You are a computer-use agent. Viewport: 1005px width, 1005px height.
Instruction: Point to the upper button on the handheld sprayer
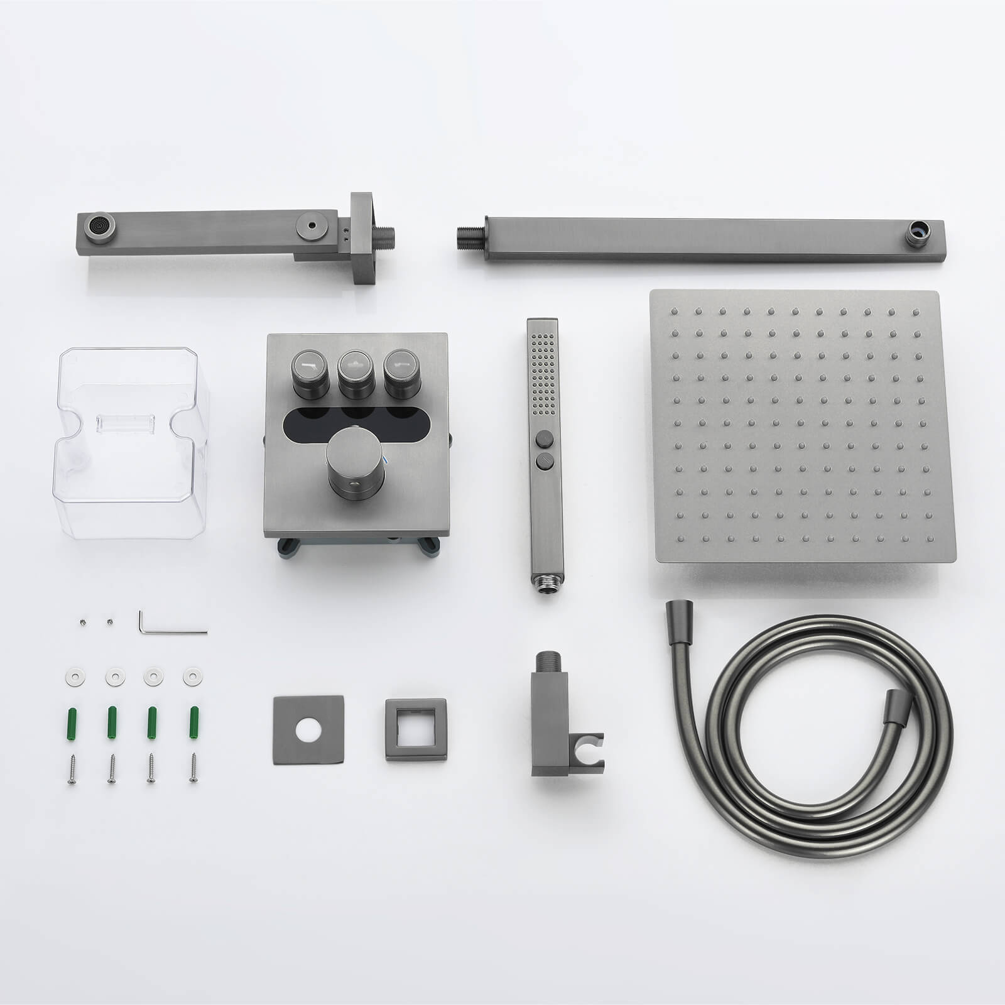[541, 436]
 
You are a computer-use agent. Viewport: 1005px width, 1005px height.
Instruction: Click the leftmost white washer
[71, 677]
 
